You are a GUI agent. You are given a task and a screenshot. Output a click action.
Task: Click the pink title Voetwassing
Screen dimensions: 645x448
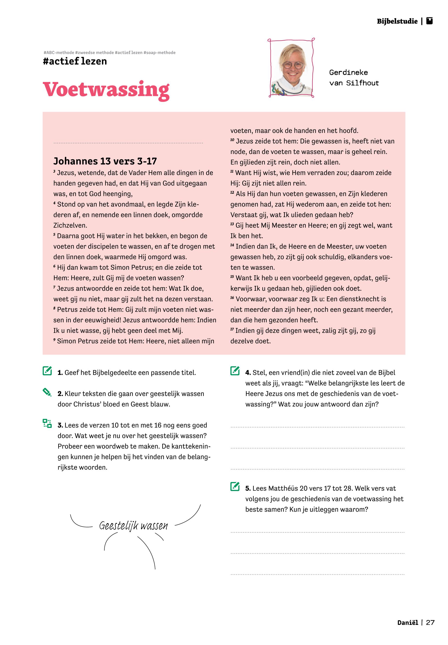tap(106, 90)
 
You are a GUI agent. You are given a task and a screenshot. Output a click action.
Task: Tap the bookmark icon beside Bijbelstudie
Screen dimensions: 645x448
tap(429, 21)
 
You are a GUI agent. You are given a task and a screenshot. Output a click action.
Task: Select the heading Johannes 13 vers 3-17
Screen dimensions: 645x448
tap(105, 161)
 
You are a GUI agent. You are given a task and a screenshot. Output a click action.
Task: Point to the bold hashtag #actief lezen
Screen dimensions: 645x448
tap(75, 61)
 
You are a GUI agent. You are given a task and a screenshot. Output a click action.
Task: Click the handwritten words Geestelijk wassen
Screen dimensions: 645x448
tap(133, 526)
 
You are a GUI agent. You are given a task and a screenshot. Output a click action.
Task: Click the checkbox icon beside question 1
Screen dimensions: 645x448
tap(47, 371)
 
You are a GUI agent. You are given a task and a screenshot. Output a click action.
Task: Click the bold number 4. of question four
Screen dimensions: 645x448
tap(248, 373)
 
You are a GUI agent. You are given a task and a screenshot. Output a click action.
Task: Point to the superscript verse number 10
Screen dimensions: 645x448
tap(232, 140)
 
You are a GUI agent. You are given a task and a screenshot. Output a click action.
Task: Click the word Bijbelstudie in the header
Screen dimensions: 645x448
tap(397, 21)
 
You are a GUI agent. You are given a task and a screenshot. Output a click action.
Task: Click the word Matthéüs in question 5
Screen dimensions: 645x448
tap(283, 489)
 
